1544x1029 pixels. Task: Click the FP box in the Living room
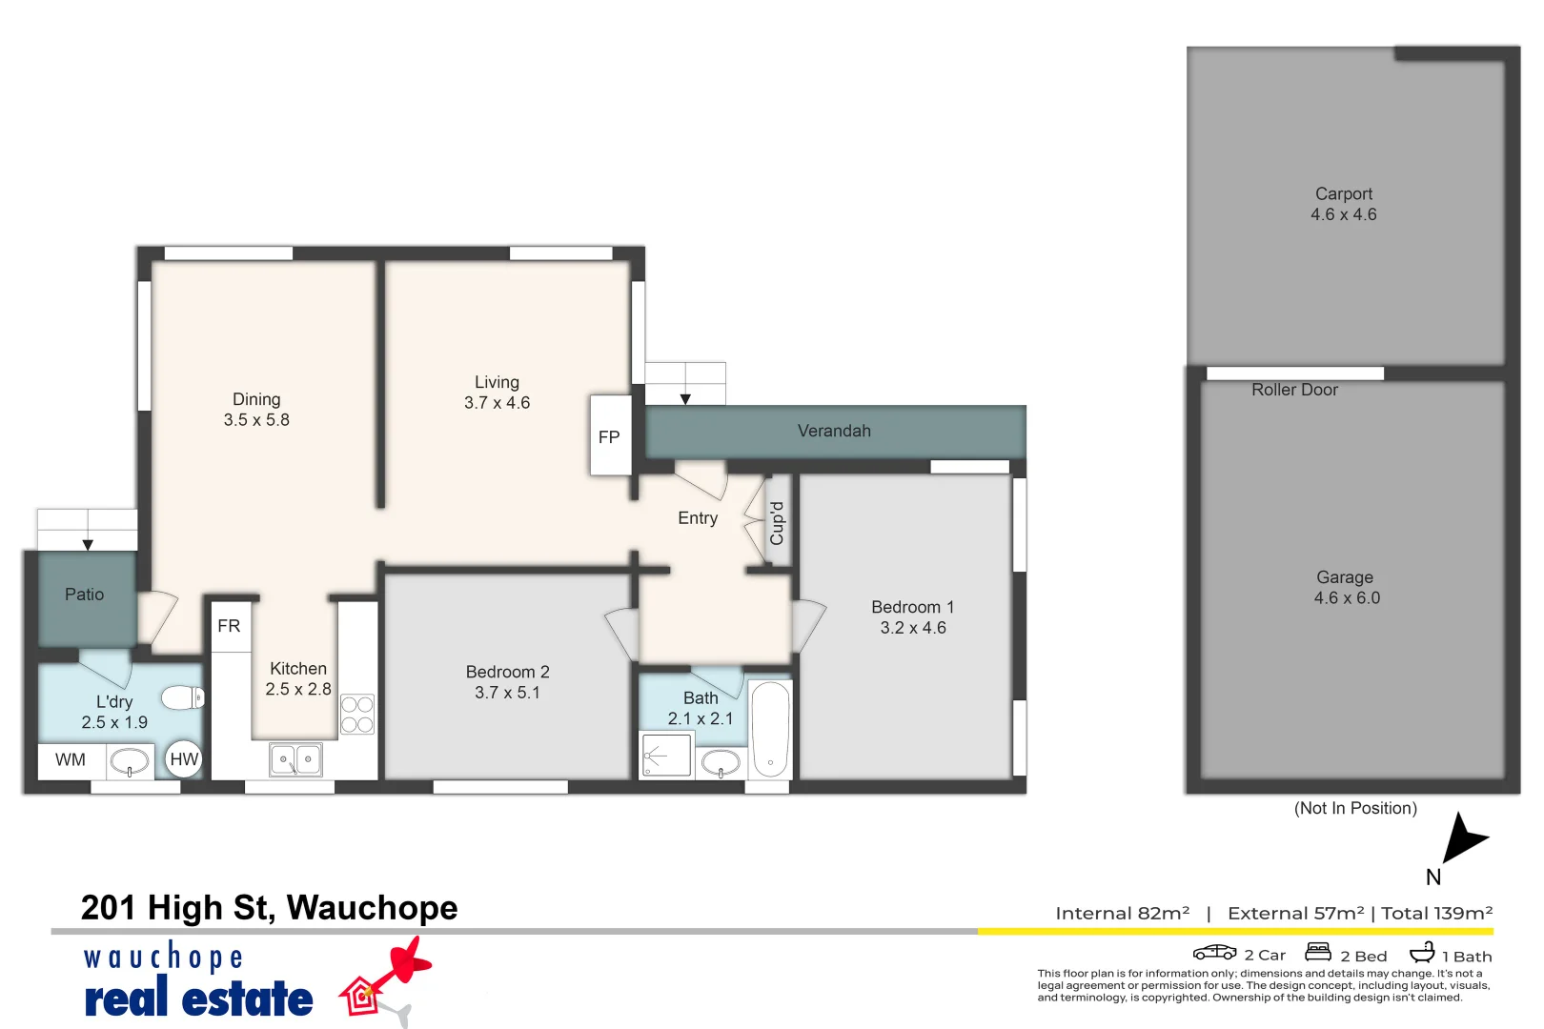click(610, 436)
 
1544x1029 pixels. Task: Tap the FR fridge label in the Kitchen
click(229, 626)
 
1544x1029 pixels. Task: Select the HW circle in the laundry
click(184, 759)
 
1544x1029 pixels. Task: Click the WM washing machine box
click(71, 760)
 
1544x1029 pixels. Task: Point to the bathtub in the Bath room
click(770, 730)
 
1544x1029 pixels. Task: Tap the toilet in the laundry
click(182, 698)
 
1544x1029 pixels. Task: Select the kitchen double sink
click(296, 759)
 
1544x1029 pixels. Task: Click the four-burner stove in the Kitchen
click(357, 715)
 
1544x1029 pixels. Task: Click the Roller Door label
click(1294, 390)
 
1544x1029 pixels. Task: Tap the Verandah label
click(834, 431)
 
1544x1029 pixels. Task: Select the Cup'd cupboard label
click(778, 523)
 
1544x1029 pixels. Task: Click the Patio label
click(84, 595)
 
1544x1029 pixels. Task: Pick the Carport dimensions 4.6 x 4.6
click(1344, 215)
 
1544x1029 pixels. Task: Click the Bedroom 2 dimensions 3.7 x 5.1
click(507, 693)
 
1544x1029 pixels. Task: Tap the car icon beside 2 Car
click(1214, 952)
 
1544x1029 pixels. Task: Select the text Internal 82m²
click(1122, 913)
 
